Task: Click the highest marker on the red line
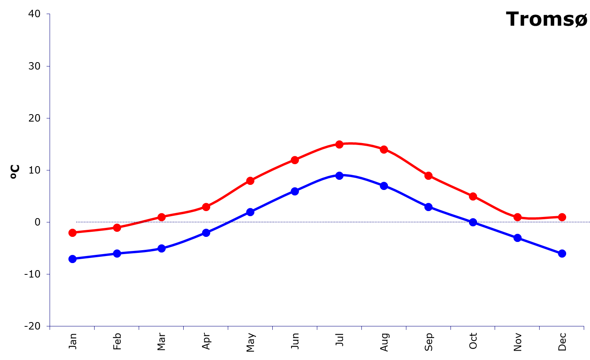[339, 144]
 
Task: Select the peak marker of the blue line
[339, 176]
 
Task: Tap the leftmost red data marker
[72, 233]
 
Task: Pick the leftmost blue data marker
[72, 259]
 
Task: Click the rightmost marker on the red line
[562, 217]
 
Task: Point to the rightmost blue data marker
[562, 253]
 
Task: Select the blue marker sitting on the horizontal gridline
[473, 222]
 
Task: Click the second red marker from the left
[117, 227]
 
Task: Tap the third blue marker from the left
[161, 248]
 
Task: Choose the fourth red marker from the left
[206, 207]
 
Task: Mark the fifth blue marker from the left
[250, 212]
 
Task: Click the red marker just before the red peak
[295, 160]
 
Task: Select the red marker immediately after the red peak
[384, 149]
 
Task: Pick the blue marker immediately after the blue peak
[384, 186]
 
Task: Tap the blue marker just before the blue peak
[295, 191]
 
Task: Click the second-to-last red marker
[517, 217]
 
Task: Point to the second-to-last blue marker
[517, 238]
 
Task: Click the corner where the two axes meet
[50, 326]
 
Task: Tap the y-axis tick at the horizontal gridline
[48, 222]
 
